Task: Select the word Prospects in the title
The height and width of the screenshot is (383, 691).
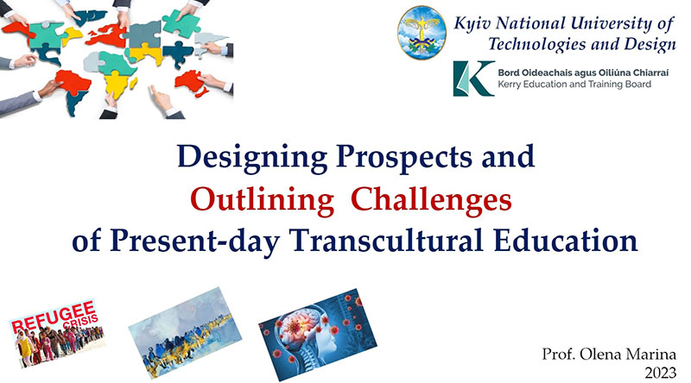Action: click(403, 158)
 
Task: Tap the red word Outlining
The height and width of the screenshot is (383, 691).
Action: click(263, 200)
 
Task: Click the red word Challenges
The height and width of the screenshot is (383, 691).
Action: click(431, 200)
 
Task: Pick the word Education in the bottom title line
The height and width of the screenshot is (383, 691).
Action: click(566, 241)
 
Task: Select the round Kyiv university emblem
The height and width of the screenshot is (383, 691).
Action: click(422, 33)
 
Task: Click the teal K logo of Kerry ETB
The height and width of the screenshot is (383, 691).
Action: click(473, 78)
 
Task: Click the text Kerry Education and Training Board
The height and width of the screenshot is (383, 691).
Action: click(574, 84)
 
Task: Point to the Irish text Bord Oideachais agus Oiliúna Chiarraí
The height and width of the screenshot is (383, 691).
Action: click(583, 72)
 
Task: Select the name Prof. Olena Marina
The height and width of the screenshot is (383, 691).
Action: click(609, 354)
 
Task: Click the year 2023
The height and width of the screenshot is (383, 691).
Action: click(660, 373)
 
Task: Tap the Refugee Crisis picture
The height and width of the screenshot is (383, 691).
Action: click(57, 333)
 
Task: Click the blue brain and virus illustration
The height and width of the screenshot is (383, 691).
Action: click(318, 334)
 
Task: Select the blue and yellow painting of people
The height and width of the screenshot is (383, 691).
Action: click(185, 332)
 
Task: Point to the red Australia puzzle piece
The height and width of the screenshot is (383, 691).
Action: click(191, 83)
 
